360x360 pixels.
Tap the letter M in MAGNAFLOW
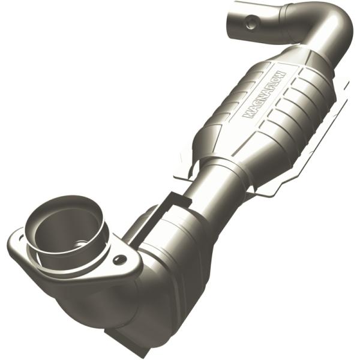[247, 114]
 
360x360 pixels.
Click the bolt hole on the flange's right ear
[121, 259]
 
